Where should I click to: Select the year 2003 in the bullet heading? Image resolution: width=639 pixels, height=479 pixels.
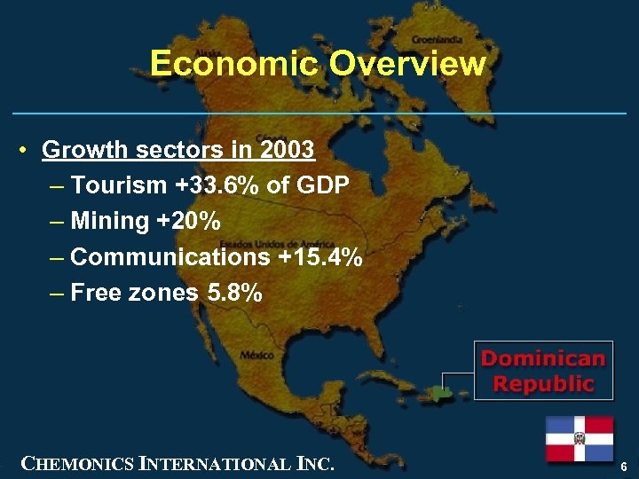[287, 150]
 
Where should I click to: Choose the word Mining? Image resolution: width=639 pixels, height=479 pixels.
[109, 221]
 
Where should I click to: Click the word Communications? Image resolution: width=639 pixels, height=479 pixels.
[170, 257]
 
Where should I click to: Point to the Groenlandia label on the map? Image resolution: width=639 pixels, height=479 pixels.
[436, 40]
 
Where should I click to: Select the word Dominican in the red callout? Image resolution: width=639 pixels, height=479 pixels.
[543, 359]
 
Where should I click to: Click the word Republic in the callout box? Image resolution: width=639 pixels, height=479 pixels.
[543, 383]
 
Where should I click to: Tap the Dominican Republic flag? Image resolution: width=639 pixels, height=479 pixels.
[580, 438]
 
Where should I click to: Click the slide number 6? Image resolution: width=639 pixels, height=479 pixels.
[625, 466]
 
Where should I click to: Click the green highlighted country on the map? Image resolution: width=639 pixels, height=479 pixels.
[446, 390]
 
